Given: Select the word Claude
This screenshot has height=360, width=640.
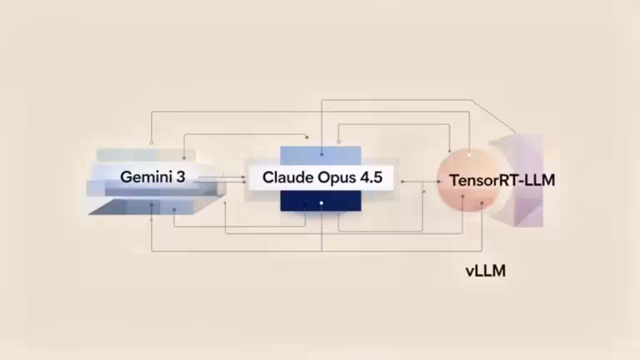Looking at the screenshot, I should (287, 177).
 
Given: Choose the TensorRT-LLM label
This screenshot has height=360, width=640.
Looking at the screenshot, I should (502, 179).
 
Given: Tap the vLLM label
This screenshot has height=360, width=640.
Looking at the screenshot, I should (486, 271).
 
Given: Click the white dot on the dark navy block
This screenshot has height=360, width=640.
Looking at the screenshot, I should (322, 202).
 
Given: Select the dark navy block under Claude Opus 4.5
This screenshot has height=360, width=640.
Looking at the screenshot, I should (321, 202).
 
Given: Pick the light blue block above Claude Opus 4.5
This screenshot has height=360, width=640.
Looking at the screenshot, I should (321, 154).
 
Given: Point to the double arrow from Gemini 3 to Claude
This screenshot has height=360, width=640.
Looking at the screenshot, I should (237, 177).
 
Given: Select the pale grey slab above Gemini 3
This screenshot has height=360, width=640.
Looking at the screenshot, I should (146, 155).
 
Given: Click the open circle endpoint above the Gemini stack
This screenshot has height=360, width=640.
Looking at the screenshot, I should (151, 142).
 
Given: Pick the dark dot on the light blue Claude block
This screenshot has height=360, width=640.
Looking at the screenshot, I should (322, 153).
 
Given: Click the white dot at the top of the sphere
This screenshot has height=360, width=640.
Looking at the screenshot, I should (469, 153).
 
